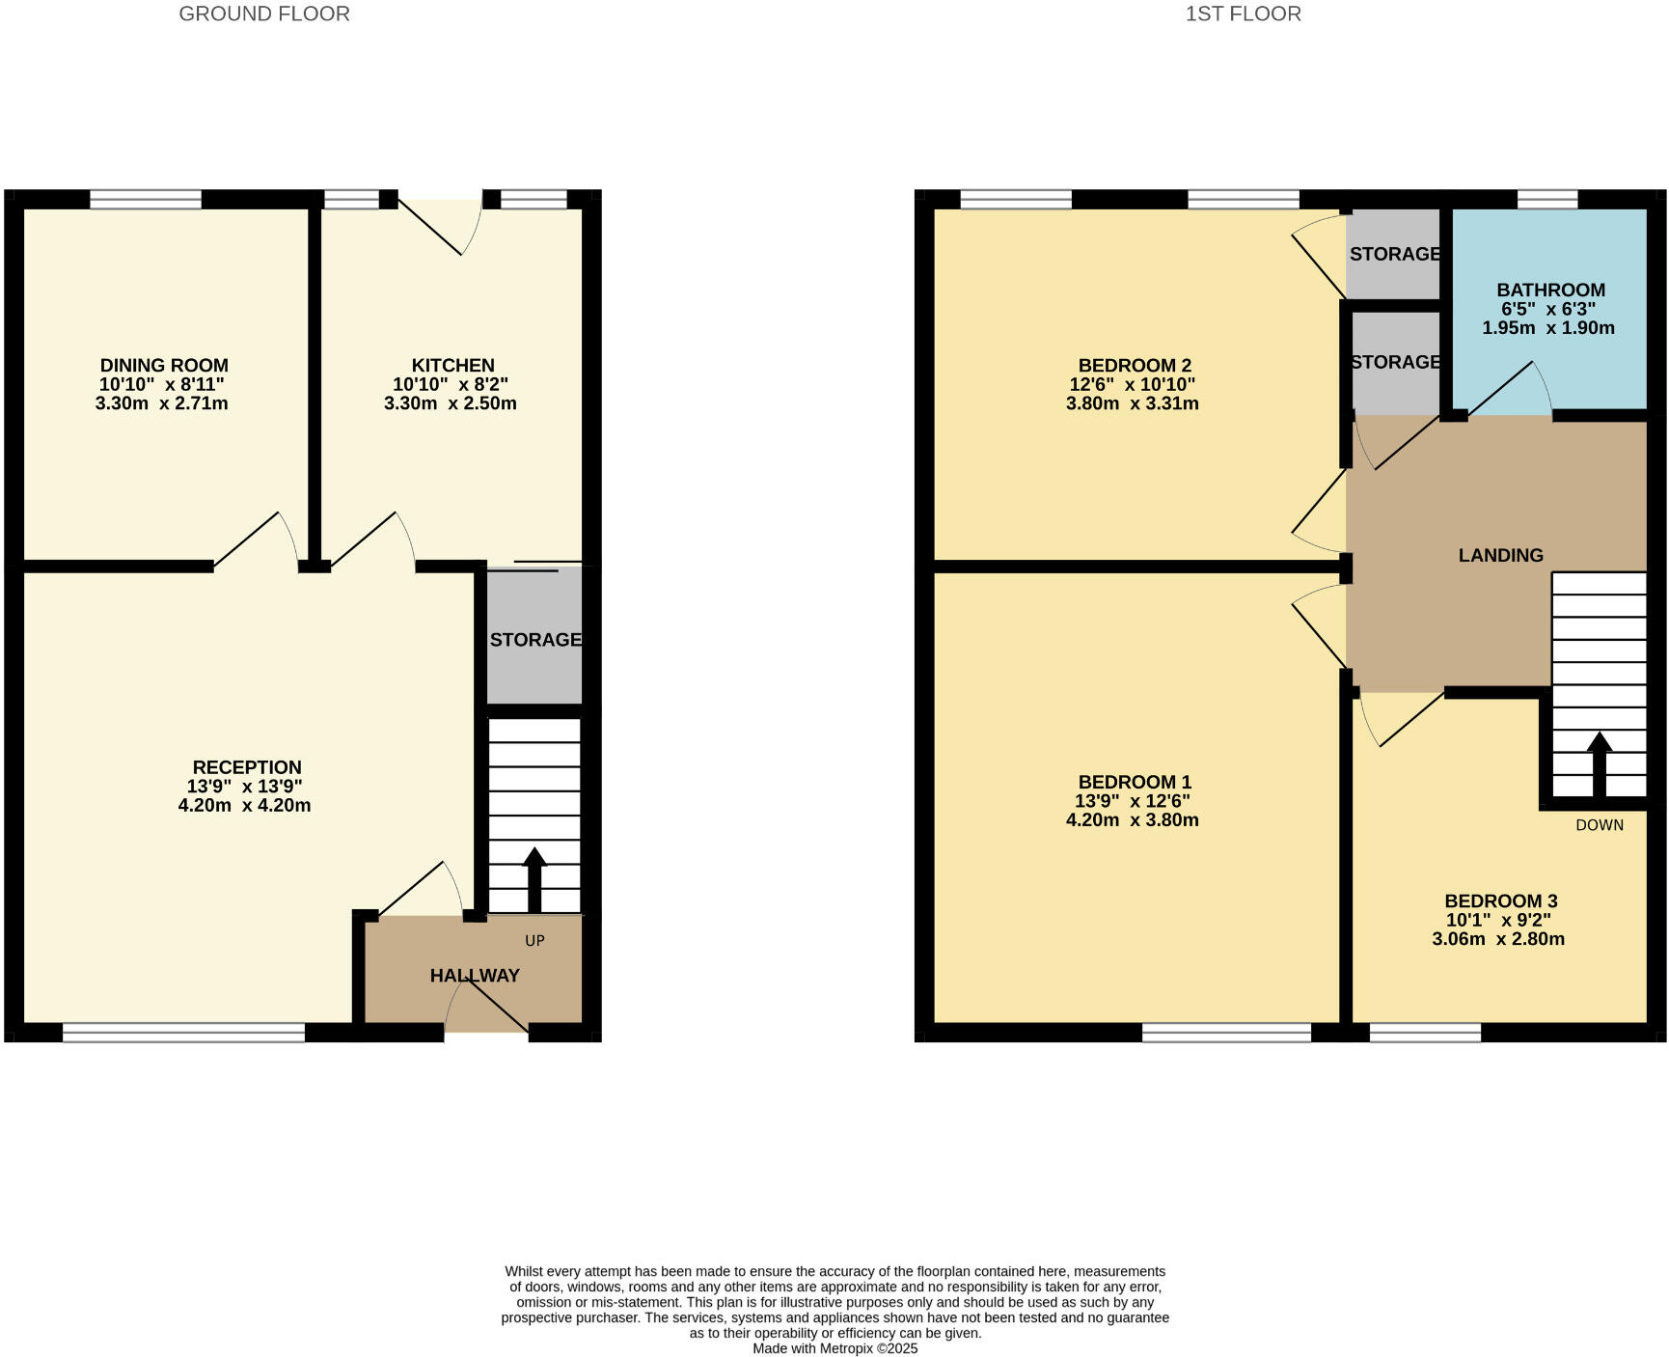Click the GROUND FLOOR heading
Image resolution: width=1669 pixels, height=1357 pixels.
coord(264,14)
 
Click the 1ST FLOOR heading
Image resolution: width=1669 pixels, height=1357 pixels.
coord(1243,14)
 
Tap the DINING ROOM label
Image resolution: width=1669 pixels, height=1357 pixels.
coord(164,365)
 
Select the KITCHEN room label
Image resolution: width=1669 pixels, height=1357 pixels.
coord(452,365)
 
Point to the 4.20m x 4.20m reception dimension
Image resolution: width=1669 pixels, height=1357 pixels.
coord(244,805)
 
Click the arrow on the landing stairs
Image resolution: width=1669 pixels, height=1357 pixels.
coord(1599,763)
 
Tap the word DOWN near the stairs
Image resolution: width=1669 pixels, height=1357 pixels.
coord(1599,825)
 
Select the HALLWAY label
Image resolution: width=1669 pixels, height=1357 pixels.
coord(475,975)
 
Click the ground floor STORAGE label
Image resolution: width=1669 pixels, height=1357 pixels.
coord(535,640)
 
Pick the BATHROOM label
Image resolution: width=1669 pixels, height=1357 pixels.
coord(1550,290)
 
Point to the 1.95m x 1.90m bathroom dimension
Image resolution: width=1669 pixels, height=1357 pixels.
coord(1547,327)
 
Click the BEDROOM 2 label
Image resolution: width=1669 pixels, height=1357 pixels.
coord(1135,365)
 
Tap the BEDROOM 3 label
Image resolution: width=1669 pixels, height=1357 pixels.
coord(1500,900)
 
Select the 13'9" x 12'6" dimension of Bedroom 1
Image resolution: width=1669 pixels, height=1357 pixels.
coord(1132,801)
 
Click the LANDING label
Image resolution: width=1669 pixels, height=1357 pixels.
coord(1500,555)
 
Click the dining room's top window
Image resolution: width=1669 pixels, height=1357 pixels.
coord(146,200)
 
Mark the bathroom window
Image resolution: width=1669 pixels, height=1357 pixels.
coord(1546,200)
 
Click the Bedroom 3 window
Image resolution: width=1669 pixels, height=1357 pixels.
coord(1424,1033)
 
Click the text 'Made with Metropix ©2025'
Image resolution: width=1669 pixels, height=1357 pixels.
coord(834,1348)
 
